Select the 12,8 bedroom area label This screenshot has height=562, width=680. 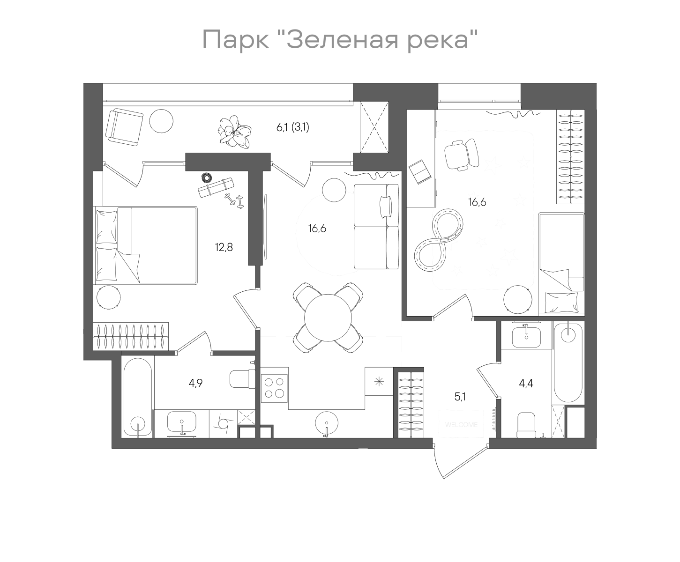point(224,247)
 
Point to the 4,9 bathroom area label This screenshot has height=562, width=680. point(196,383)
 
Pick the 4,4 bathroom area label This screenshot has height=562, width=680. point(526,384)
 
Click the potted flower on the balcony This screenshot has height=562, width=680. point(235,132)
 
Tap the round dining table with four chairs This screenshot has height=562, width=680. point(328,317)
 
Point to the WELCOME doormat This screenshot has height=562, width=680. point(461,424)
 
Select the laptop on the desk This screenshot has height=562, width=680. point(419,171)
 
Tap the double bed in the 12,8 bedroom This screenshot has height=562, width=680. point(146,245)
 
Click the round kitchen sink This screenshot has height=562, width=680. point(326,423)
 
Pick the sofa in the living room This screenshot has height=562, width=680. point(376,227)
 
